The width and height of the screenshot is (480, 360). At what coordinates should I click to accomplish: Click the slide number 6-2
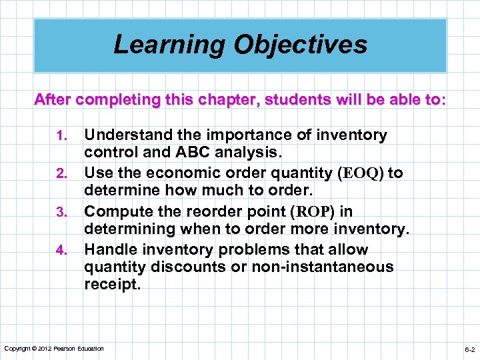point(469,349)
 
